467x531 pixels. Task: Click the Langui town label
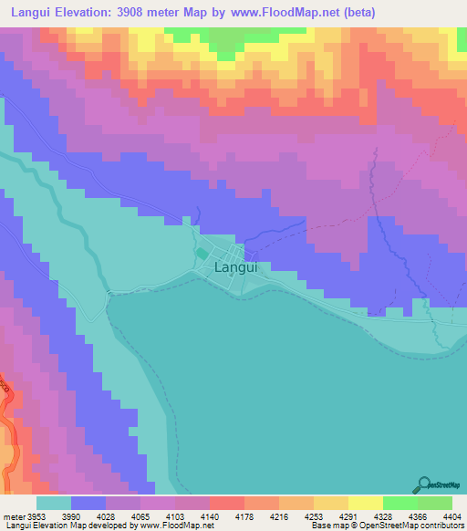[235, 268]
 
